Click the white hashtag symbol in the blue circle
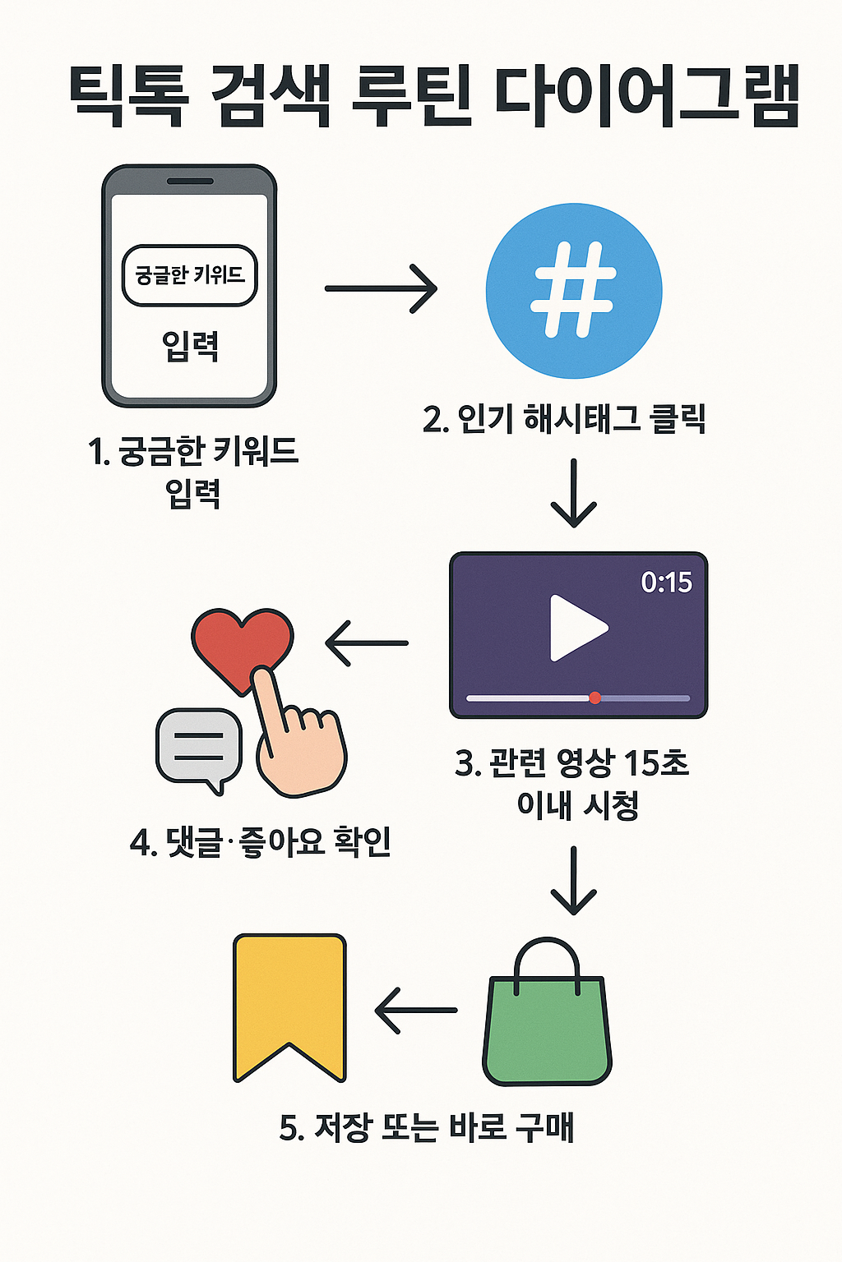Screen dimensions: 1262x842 tap(573, 290)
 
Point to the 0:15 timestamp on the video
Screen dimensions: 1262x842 tap(666, 583)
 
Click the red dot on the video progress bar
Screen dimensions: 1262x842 tap(595, 698)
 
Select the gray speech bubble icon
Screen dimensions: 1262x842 tap(199, 745)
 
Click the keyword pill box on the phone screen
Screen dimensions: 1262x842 tap(190, 275)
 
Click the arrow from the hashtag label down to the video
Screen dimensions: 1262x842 tap(574, 493)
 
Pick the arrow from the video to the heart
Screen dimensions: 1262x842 tap(367, 643)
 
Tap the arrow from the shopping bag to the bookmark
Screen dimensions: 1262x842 tap(416, 1010)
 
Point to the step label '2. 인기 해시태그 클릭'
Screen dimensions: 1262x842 tap(564, 419)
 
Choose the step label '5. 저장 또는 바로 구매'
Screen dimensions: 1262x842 tap(426, 1127)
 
